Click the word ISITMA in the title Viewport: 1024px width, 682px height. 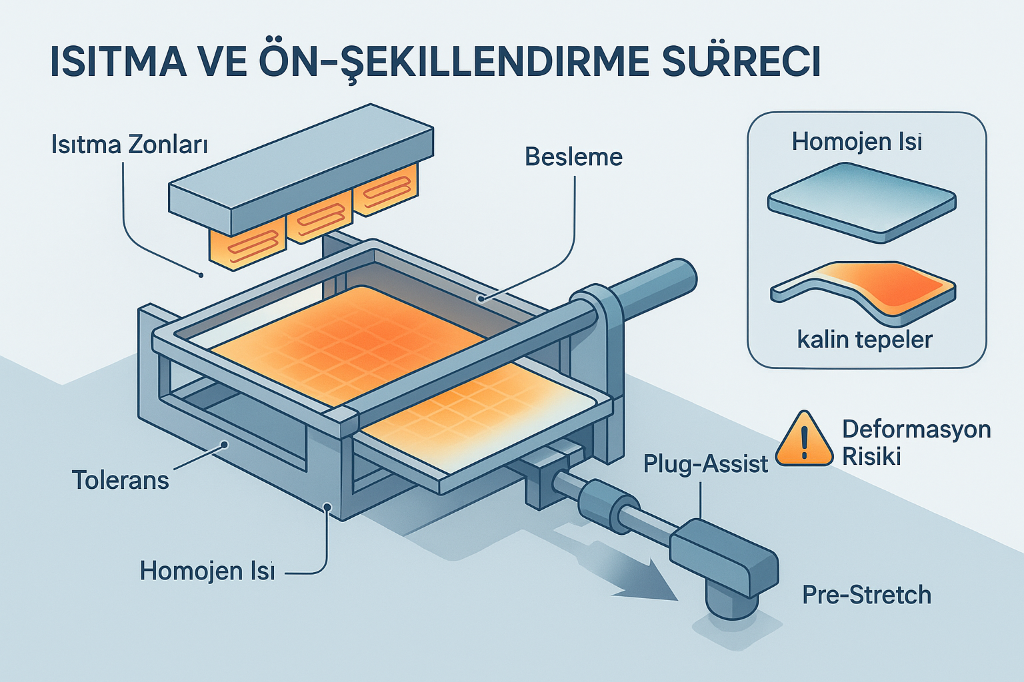(119, 61)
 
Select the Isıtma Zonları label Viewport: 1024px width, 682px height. (129, 145)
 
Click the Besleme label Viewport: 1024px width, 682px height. (573, 157)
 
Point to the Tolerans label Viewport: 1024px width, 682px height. (120, 480)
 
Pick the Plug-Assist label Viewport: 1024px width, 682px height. (705, 464)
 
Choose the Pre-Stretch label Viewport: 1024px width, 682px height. (866, 595)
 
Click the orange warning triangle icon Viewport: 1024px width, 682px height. (805, 440)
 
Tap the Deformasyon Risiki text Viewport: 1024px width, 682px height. (915, 442)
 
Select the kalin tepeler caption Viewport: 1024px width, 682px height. (865, 340)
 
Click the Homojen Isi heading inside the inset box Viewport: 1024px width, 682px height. (857, 142)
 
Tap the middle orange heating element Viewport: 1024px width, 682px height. (319, 220)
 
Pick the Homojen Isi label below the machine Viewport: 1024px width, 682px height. (207, 571)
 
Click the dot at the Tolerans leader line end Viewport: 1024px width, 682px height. (225, 444)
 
